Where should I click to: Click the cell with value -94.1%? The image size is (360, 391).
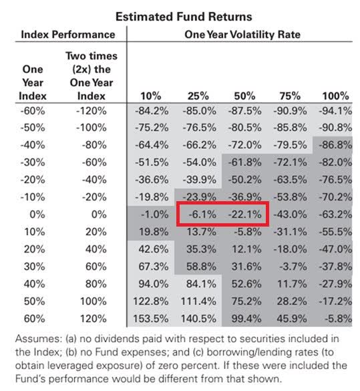[335, 112]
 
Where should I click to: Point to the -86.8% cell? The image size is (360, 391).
[335, 145]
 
